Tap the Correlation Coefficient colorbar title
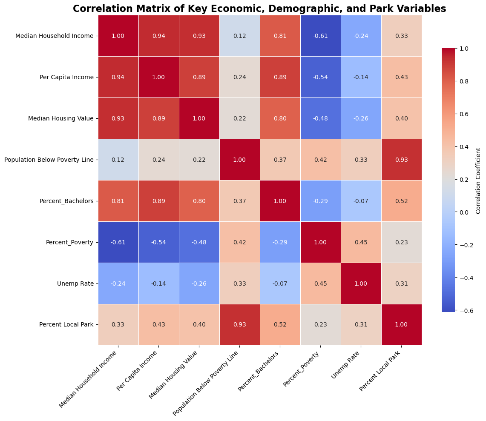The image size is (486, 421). [478, 180]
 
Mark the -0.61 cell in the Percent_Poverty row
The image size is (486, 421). [118, 242]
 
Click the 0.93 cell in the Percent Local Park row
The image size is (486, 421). [240, 324]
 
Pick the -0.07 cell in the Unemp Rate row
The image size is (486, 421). [280, 284]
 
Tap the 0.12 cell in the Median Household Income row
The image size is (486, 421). [240, 36]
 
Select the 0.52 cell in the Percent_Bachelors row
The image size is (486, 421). [401, 201]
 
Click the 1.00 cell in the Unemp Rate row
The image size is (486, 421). [361, 284]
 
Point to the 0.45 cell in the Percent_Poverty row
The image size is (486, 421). [361, 242]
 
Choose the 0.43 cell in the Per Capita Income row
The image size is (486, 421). [401, 77]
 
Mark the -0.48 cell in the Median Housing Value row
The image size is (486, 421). [321, 118]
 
